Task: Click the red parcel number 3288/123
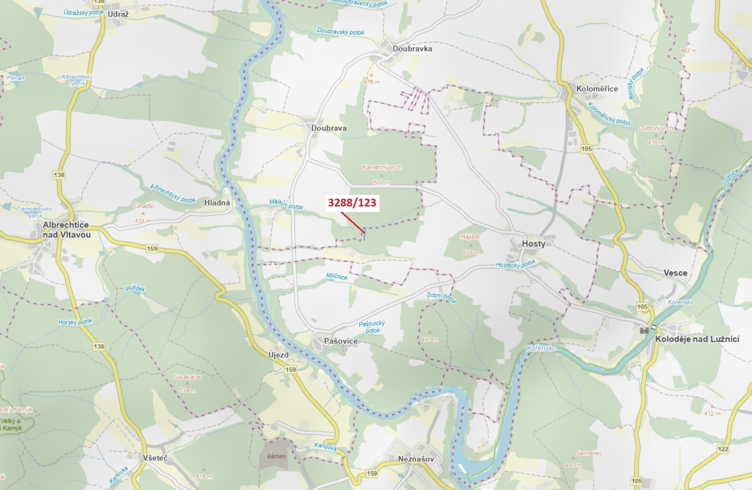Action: click(352, 202)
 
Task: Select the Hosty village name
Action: click(533, 243)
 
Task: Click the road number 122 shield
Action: click(723, 449)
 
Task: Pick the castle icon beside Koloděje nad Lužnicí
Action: click(644, 330)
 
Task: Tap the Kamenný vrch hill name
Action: click(382, 167)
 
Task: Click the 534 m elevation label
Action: click(187, 390)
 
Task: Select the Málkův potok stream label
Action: click(286, 204)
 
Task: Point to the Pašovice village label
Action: click(341, 341)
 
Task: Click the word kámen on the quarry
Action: click(276, 456)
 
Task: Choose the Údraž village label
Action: click(118, 14)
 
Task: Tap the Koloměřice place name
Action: click(597, 89)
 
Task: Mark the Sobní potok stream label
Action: click(441, 297)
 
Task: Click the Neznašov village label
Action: click(416, 459)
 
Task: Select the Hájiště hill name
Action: click(470, 237)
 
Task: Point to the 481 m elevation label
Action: click(430, 340)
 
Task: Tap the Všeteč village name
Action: click(155, 458)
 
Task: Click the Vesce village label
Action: click(675, 273)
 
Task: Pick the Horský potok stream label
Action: click(76, 322)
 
